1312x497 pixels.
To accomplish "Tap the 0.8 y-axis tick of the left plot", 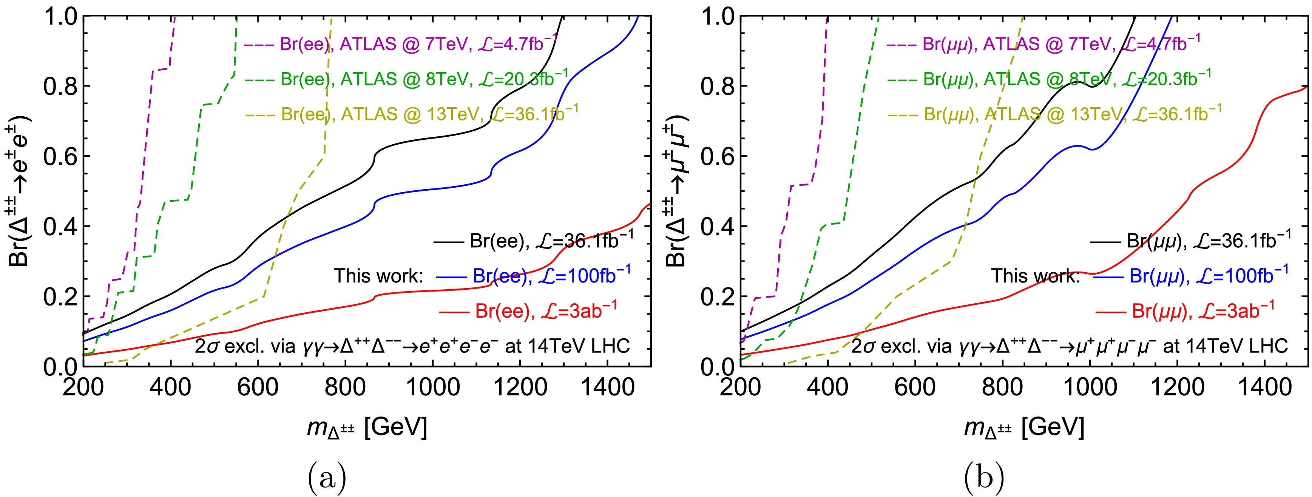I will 60,86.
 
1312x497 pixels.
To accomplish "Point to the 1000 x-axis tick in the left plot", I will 433,388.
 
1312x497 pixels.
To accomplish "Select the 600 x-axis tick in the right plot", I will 915,388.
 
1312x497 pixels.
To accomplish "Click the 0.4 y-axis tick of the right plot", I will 717,227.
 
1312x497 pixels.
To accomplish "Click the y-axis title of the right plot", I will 678,191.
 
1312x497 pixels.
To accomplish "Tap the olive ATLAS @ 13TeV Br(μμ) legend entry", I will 1054,114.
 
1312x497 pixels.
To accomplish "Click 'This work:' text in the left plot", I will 378,276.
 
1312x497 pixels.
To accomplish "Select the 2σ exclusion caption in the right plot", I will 1070,346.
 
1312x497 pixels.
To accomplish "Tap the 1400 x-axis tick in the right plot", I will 1265,388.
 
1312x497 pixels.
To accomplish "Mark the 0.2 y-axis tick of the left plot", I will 60,297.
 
